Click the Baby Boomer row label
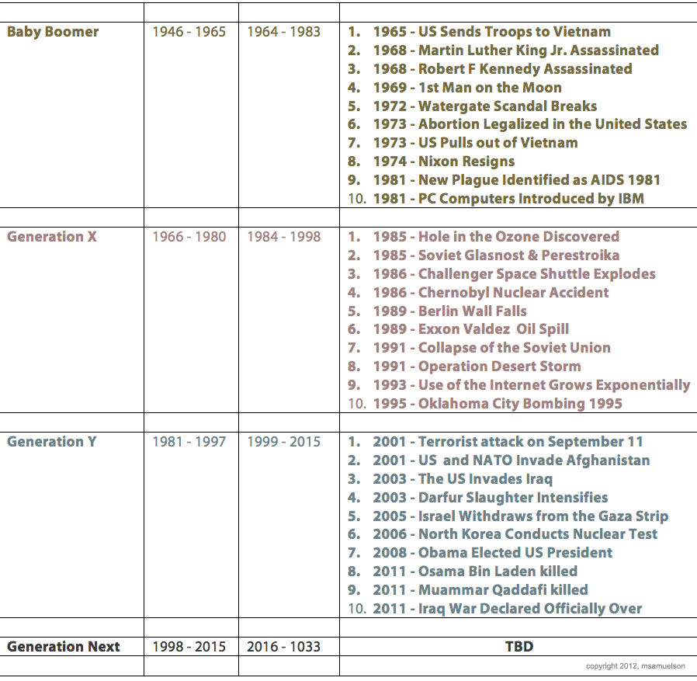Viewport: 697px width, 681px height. pos(53,32)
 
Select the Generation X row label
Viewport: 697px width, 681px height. pos(52,237)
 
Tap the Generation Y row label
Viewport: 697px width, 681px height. pos(52,442)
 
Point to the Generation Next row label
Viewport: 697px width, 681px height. pos(64,646)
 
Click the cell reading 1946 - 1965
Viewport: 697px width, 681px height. pos(189,32)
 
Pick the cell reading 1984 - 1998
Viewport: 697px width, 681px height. pos(283,237)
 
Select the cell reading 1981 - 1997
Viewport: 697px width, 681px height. pos(189,442)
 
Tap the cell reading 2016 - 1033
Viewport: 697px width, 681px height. pos(283,646)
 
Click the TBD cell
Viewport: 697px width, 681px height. pos(518,646)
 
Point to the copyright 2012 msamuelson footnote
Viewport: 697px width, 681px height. pos(636,666)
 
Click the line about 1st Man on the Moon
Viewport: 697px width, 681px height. pos(466,88)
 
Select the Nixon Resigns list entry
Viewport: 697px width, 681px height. pos(443,162)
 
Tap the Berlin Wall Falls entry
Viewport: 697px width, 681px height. pos(449,311)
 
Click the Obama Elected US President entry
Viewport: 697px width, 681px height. pos(492,553)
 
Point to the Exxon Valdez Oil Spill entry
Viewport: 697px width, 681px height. pos(470,329)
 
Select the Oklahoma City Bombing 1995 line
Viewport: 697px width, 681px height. pos(497,404)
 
